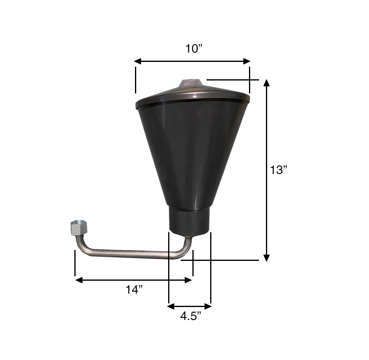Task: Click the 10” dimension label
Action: [x=194, y=49]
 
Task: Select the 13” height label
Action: [x=279, y=170]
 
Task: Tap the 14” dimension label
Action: [x=134, y=290]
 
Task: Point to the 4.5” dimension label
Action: [x=190, y=316]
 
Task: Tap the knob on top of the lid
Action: [x=191, y=83]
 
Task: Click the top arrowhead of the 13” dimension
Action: [x=266, y=83]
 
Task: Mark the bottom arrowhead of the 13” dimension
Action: [x=266, y=258]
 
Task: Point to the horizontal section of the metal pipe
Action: [x=129, y=254]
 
